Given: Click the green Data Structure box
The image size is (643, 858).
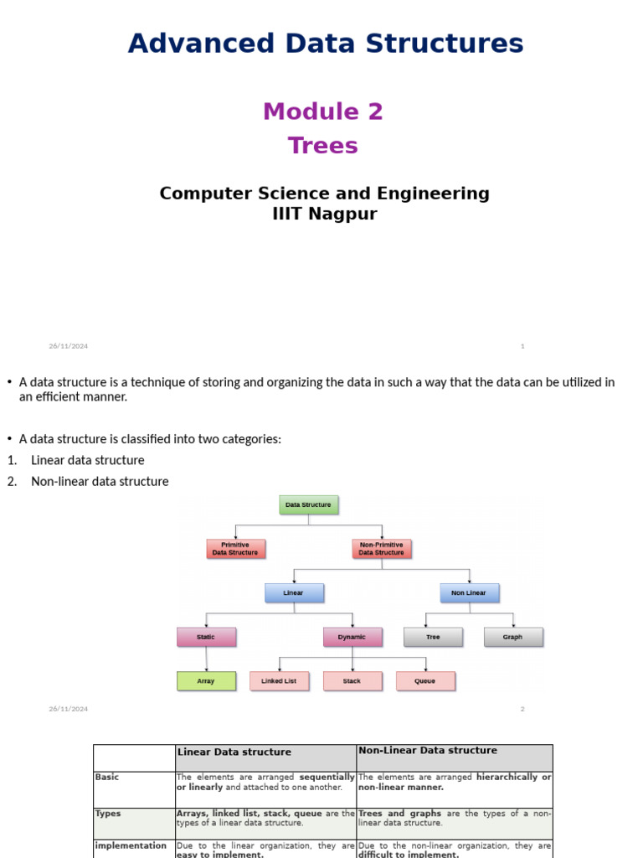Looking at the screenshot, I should [x=308, y=505].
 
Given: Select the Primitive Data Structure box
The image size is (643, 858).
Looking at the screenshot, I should [x=235, y=549].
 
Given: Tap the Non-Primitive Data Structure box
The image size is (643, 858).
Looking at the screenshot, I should [x=382, y=549].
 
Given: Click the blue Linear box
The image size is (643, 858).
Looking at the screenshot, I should [x=294, y=593].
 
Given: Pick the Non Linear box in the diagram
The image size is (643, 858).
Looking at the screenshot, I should [x=469, y=593].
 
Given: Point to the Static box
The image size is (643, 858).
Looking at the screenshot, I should [x=206, y=637].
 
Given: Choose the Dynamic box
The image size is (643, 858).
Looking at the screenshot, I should [x=352, y=637].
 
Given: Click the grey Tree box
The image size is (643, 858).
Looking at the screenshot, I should [x=433, y=637].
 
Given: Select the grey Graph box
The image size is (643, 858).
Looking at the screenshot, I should [x=513, y=637].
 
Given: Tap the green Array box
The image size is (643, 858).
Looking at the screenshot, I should [x=206, y=681].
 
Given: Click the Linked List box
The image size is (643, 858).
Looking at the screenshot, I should [x=279, y=681].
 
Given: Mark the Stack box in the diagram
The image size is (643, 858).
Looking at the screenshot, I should [x=352, y=681].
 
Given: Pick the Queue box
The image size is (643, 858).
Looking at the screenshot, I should [x=425, y=681].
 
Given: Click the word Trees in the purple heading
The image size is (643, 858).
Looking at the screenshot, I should [x=323, y=146].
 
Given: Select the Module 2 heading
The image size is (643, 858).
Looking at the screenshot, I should [x=323, y=111].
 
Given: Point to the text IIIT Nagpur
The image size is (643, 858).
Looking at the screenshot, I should [x=325, y=214].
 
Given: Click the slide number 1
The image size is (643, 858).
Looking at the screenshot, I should [x=522, y=346].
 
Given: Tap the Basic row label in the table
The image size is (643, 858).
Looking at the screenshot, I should [x=107, y=777].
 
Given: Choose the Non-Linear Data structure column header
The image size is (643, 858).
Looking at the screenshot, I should [x=428, y=751].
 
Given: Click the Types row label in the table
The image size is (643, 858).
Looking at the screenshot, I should [x=108, y=813].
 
